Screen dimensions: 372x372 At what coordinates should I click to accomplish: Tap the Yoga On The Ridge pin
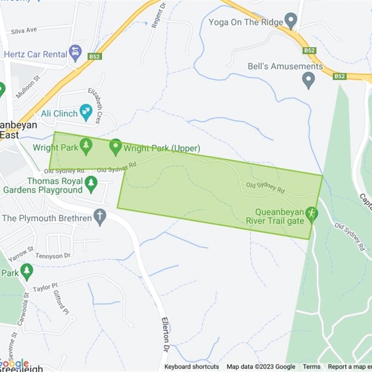(291, 21)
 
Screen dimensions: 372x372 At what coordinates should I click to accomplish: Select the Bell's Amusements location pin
(308, 81)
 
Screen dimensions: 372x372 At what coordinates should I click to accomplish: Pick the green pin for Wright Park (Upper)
(115, 147)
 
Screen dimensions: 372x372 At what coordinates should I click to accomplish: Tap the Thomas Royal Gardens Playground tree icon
(91, 184)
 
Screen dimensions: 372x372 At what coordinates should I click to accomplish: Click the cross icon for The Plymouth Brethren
(100, 217)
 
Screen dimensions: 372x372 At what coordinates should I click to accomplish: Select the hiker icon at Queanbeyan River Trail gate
(311, 214)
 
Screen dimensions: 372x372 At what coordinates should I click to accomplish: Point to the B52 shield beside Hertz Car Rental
(94, 57)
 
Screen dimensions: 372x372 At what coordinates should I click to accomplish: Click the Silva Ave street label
(24, 30)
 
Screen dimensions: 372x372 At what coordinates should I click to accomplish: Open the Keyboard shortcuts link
(192, 367)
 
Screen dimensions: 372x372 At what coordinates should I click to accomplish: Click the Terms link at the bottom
(312, 367)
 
